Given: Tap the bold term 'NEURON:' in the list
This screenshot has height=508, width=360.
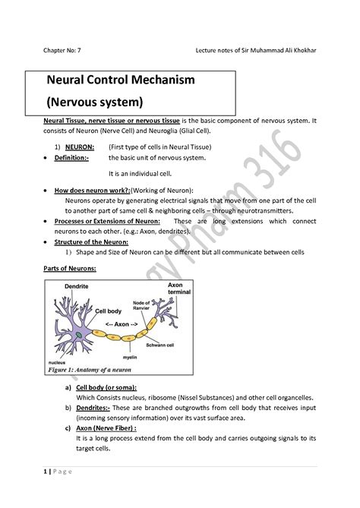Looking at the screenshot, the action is click(x=80, y=146).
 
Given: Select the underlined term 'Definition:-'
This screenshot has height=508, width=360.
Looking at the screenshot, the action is click(x=73, y=157).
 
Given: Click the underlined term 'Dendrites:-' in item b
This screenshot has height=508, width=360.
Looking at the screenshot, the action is click(x=95, y=409).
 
